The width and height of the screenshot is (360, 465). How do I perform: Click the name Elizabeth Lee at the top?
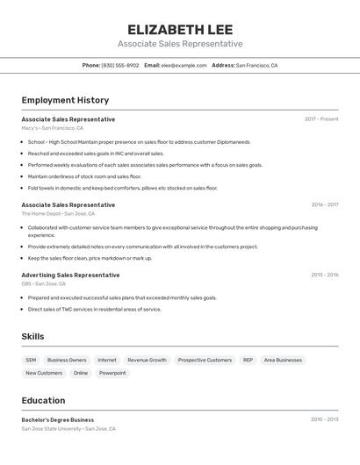(x=180, y=29)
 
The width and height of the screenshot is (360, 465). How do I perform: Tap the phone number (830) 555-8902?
(x=119, y=65)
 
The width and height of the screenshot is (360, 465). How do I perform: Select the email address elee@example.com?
(x=184, y=65)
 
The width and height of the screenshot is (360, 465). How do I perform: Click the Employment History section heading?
(x=65, y=100)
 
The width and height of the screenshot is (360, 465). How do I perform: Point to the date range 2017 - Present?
(x=321, y=119)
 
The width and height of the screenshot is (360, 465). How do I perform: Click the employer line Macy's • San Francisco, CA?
(x=53, y=128)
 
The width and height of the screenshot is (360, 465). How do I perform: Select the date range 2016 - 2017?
(x=324, y=204)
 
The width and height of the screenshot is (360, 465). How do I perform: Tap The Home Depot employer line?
(x=58, y=213)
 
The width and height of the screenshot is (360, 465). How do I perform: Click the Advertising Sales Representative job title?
(x=70, y=275)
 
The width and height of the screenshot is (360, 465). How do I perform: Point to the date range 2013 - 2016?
(x=324, y=275)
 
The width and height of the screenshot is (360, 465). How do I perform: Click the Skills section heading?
(x=32, y=336)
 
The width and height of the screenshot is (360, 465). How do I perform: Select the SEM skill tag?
(x=31, y=360)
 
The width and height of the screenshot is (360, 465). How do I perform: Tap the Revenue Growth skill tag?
(x=147, y=360)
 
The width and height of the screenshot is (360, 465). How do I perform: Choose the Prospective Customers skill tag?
(x=205, y=360)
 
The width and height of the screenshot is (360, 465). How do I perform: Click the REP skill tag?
(x=248, y=360)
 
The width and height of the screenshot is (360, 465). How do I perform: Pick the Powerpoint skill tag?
(x=112, y=373)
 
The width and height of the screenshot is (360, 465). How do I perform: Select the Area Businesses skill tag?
(x=283, y=360)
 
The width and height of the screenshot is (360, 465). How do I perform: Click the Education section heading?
(x=43, y=400)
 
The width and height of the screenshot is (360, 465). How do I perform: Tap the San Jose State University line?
(x=68, y=429)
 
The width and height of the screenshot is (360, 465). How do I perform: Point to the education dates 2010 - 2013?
(x=324, y=419)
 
